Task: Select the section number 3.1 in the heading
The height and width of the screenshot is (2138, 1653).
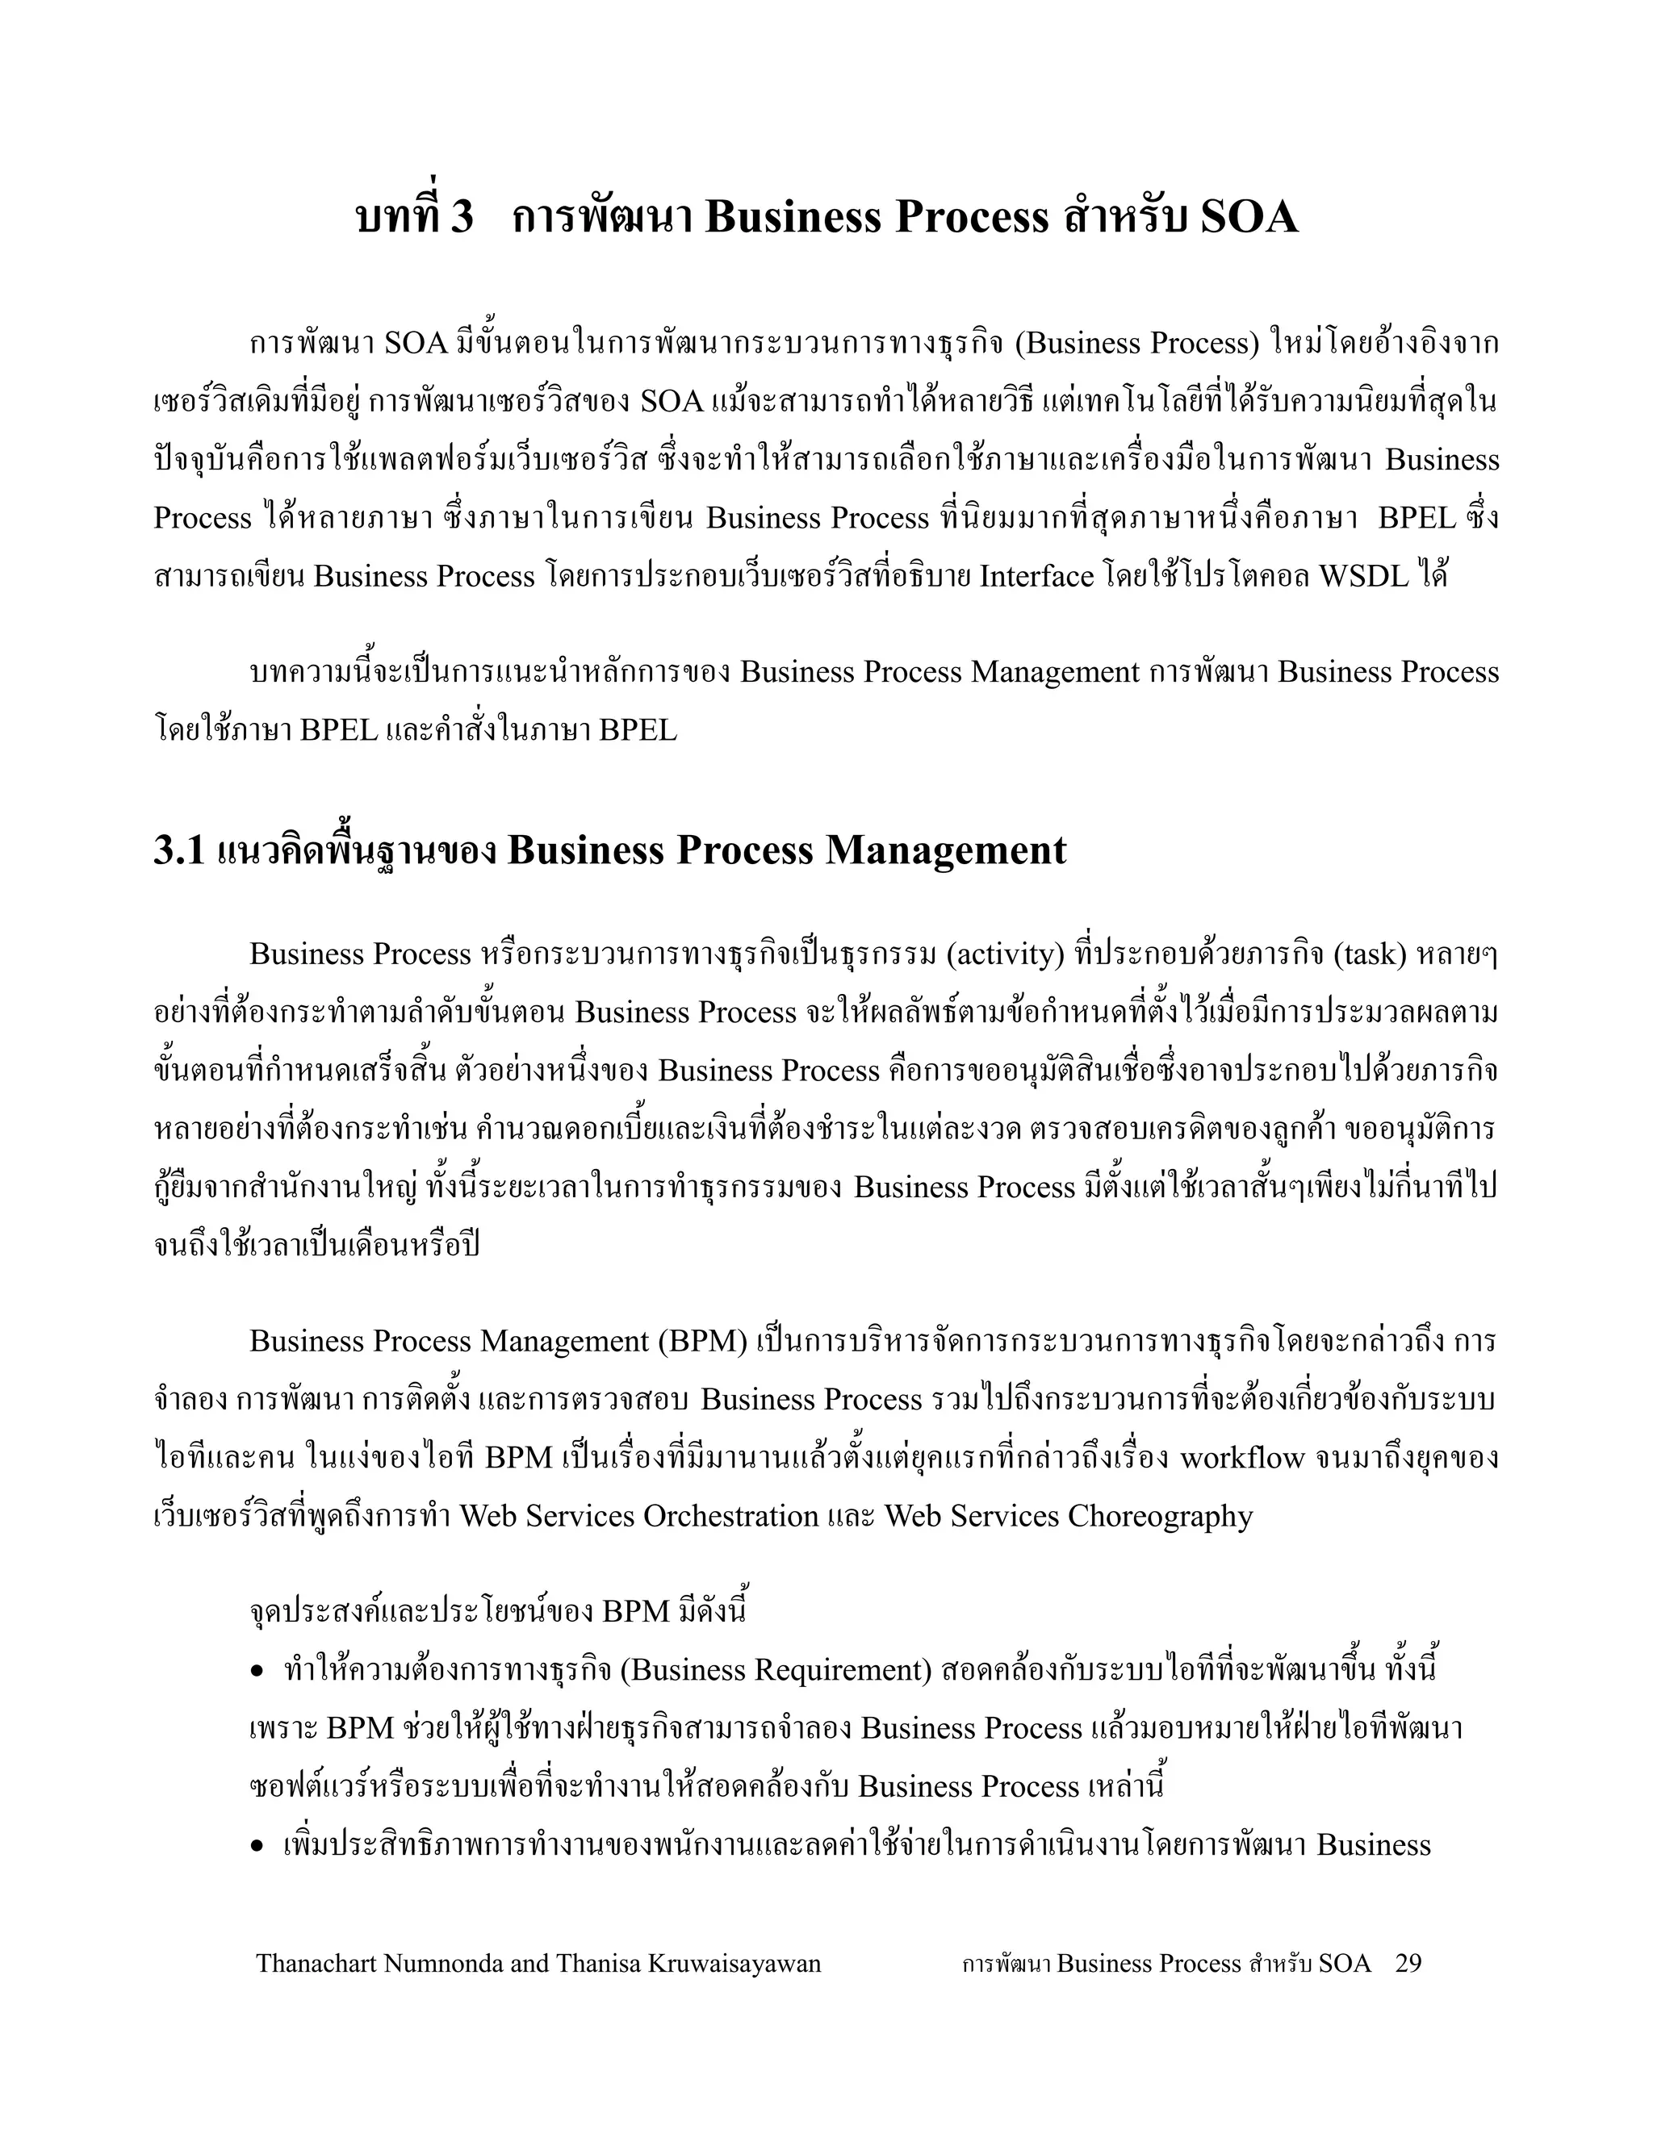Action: [179, 850]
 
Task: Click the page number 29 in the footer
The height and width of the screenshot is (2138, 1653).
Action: [1408, 1963]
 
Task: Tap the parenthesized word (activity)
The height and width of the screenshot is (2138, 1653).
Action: [1006, 954]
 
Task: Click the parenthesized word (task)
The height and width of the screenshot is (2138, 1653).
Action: [1369, 954]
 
